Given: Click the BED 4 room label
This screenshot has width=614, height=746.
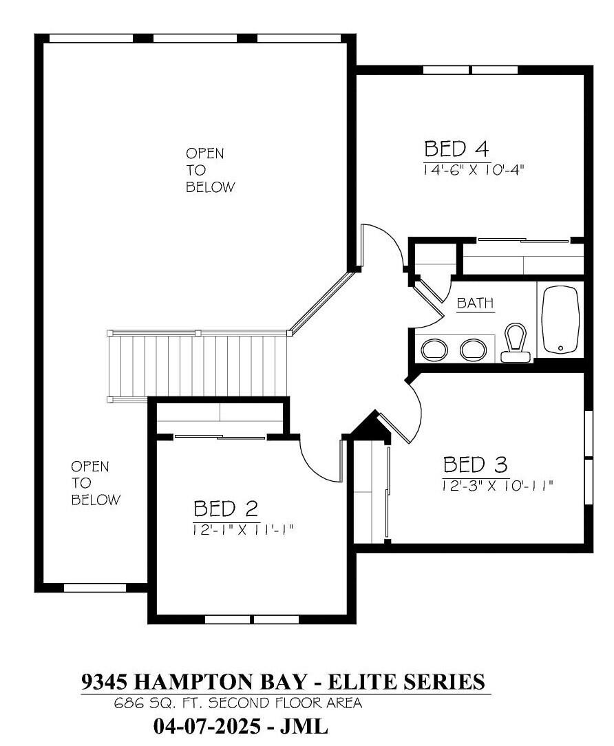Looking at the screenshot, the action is pos(456,149).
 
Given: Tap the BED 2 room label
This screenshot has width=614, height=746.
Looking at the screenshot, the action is pos(226,509).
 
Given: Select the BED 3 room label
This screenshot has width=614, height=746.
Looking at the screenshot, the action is pos(475,465).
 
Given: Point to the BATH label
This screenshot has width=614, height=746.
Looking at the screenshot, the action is pos(475,303).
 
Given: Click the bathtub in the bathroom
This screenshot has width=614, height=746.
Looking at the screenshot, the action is pos(561,320).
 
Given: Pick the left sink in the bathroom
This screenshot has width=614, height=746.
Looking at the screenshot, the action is pos(434,350).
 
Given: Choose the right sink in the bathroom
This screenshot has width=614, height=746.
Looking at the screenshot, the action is pos(473,350).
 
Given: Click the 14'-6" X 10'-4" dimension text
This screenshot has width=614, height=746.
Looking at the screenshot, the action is pos(474,170).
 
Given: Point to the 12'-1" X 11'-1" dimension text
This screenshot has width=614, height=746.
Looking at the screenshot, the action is pos(242,529).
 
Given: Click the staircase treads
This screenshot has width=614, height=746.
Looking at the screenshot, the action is pos(198,366).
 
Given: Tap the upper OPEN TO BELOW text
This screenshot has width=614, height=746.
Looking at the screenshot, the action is pos(210,170).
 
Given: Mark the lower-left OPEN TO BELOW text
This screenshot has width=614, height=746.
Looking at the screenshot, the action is pos(95,483).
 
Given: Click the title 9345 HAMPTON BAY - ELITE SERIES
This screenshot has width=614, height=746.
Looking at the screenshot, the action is pos(283,681).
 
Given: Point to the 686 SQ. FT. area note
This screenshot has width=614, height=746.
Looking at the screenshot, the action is pos(237,703).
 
